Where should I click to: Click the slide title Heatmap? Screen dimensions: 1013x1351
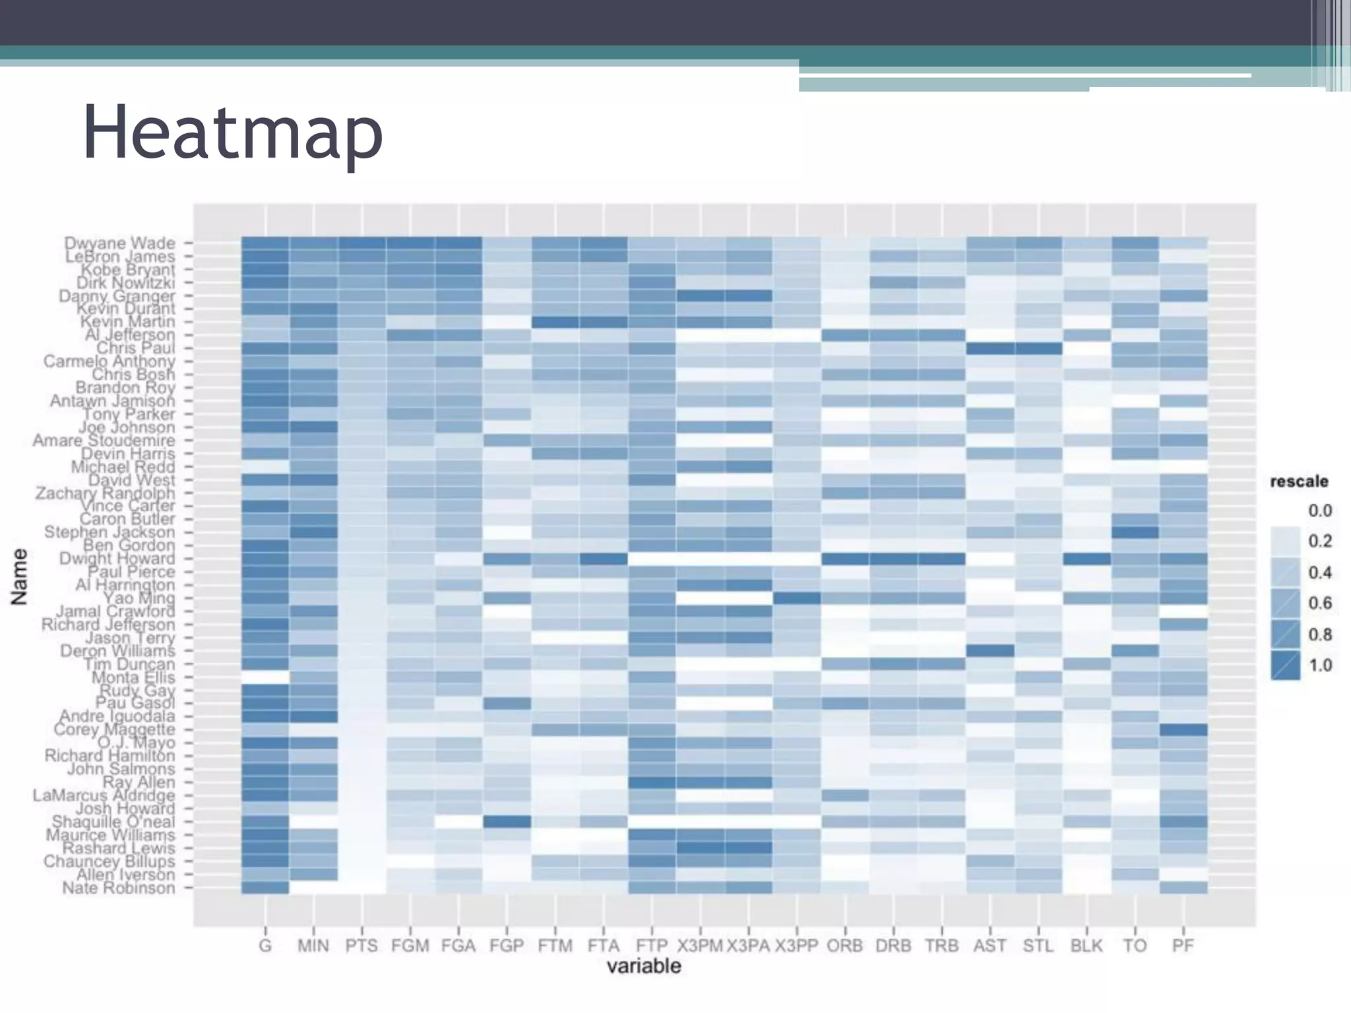pos(232,133)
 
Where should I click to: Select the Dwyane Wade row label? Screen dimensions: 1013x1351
pos(119,243)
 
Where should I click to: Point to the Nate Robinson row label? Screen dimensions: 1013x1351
pos(118,888)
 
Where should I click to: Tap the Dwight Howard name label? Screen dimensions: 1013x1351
pos(117,559)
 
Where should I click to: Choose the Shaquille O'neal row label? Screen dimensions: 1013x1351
pos(113,822)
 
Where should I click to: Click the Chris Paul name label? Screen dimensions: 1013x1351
pos(135,348)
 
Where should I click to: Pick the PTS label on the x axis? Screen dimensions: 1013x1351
pos(361,946)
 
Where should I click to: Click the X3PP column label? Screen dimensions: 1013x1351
pos(796,946)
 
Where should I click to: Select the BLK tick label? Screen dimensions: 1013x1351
pos(1086,946)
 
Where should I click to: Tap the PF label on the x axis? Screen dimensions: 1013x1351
pos(1183,946)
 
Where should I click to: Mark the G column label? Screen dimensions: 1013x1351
pos(265,946)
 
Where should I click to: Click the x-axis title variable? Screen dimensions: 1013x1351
pos(644,967)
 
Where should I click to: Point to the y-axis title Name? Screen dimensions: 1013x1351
pos(20,576)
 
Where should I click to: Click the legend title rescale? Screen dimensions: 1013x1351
pos(1299,481)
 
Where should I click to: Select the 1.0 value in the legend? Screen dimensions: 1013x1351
pos(1320,665)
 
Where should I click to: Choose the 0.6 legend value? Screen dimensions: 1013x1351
pos(1320,603)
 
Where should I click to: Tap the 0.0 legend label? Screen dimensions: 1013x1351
pos(1320,510)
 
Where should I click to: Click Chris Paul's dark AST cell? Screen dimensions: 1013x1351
pos(990,348)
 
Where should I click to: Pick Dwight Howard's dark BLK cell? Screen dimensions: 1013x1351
pos(1086,559)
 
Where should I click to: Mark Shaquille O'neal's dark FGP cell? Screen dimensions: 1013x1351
pos(507,822)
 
